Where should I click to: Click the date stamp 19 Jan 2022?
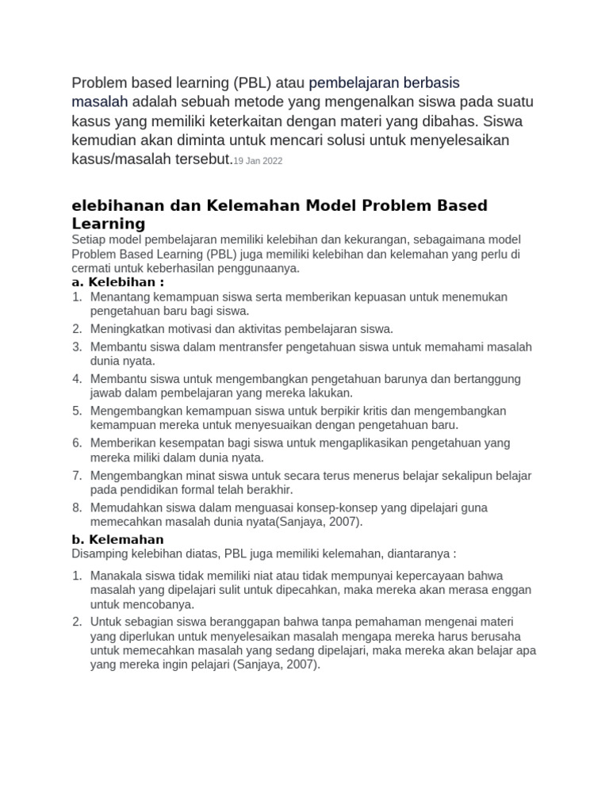pos(258,161)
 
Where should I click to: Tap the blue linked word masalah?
pos(100,102)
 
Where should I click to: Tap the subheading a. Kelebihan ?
pos(118,282)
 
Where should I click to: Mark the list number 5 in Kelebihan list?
pos(77,411)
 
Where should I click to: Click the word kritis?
pos(428,411)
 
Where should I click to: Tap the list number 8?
pos(77,507)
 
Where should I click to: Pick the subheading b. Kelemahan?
pos(117,539)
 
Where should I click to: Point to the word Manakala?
pos(118,575)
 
